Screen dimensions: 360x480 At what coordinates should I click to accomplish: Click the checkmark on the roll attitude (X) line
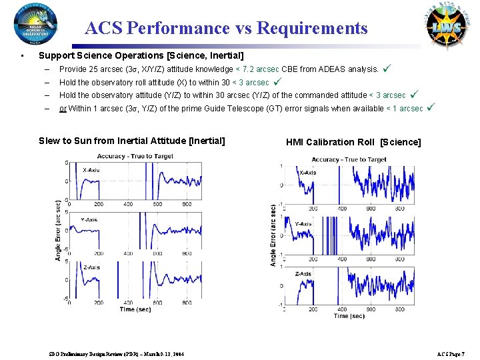tap(278, 82)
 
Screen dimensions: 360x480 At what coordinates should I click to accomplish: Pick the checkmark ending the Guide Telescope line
tap(431, 107)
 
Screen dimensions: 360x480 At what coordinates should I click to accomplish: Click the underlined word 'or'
tap(63, 109)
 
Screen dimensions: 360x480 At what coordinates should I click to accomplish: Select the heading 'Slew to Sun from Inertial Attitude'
tap(132, 141)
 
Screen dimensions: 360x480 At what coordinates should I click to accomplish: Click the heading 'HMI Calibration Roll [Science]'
tap(353, 142)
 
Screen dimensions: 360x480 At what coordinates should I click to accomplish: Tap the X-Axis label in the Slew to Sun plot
tap(92, 170)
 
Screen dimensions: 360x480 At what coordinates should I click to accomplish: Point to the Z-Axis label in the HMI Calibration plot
tap(303, 273)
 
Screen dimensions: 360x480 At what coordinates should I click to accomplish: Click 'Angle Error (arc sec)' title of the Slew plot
tap(59, 230)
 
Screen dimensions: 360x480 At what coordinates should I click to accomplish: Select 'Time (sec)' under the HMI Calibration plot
tap(349, 315)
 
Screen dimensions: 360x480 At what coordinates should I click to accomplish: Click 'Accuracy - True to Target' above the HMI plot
tap(349, 159)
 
